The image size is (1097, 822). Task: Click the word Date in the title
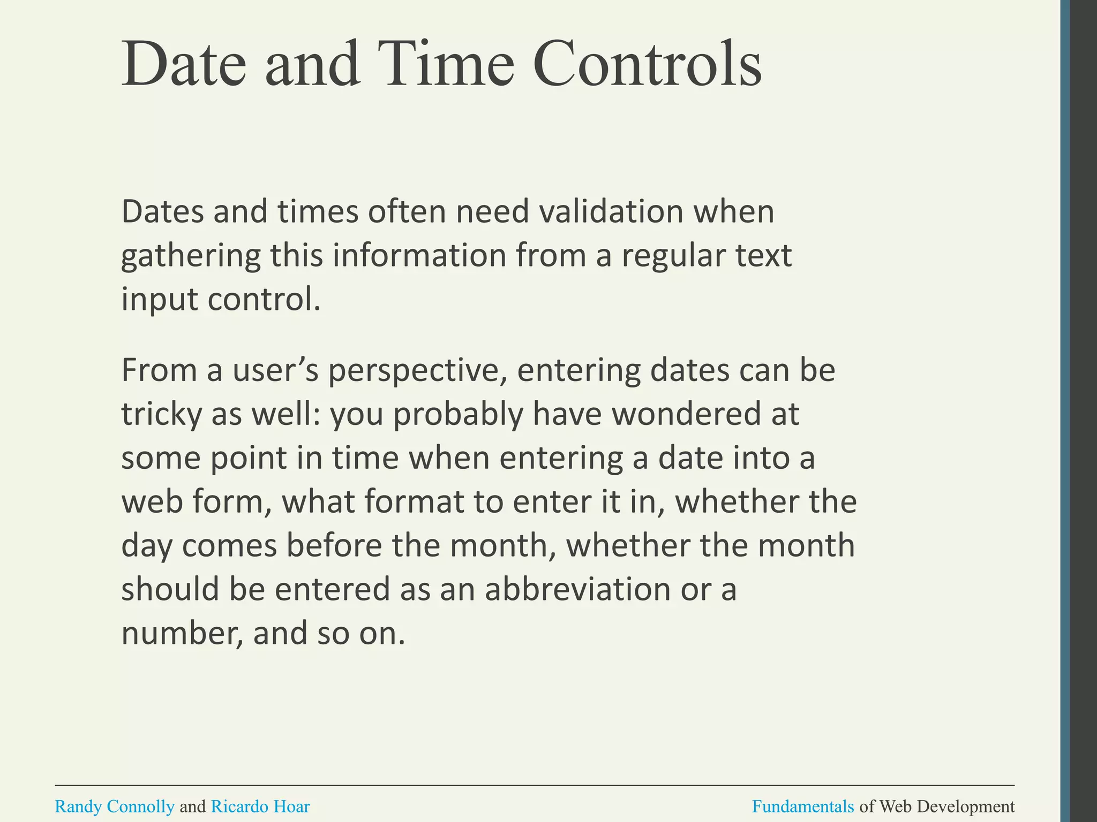click(x=184, y=64)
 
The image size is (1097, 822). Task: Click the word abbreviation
click(x=577, y=589)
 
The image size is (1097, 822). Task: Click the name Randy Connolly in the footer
click(x=115, y=806)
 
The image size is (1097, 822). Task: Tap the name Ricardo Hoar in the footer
click(x=260, y=806)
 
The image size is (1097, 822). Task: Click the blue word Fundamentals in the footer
click(x=803, y=806)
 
